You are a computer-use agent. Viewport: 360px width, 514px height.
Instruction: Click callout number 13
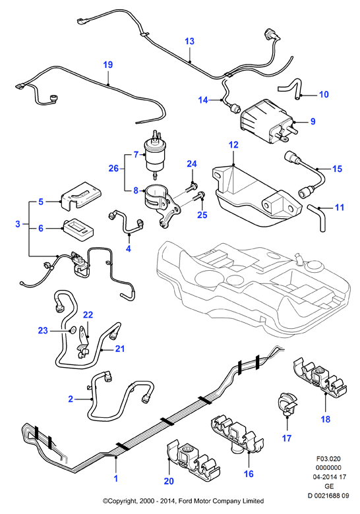(x=189, y=42)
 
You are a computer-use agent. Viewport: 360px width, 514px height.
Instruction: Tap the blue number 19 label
(x=108, y=65)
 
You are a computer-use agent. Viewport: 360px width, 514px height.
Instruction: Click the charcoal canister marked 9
(x=266, y=121)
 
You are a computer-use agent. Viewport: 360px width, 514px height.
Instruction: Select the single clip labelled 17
(x=287, y=405)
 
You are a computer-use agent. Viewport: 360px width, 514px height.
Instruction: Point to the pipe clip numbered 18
(x=319, y=376)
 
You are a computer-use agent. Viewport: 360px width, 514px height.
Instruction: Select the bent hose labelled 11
(x=317, y=217)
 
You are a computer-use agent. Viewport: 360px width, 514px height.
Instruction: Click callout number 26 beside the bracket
(x=113, y=169)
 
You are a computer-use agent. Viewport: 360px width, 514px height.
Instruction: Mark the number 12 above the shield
(x=233, y=144)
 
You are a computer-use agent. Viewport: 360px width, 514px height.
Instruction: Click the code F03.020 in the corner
(x=328, y=459)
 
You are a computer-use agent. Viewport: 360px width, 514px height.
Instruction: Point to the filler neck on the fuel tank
(x=299, y=258)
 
